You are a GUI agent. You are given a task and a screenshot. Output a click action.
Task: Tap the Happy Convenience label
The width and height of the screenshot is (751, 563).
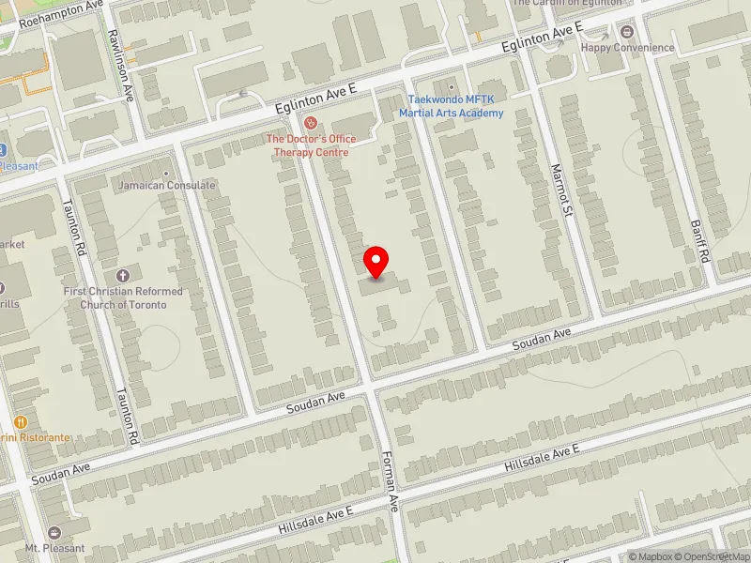640,48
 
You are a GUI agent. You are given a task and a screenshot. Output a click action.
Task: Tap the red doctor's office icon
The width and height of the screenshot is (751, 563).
308,123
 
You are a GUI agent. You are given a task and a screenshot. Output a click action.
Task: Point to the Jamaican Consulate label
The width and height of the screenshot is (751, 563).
166,186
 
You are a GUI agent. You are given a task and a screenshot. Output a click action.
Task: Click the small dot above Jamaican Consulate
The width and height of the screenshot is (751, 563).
166,173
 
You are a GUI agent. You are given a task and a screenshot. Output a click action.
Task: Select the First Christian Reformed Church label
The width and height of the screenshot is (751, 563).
123,297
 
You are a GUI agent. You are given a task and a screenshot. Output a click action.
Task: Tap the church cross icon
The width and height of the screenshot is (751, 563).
123,276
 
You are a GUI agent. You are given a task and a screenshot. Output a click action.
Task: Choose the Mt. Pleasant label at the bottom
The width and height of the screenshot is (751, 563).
54,548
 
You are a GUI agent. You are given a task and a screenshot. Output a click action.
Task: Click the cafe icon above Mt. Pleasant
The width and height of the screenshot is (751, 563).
54,532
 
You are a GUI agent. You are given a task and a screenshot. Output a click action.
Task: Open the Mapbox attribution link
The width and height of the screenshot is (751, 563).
654,556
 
